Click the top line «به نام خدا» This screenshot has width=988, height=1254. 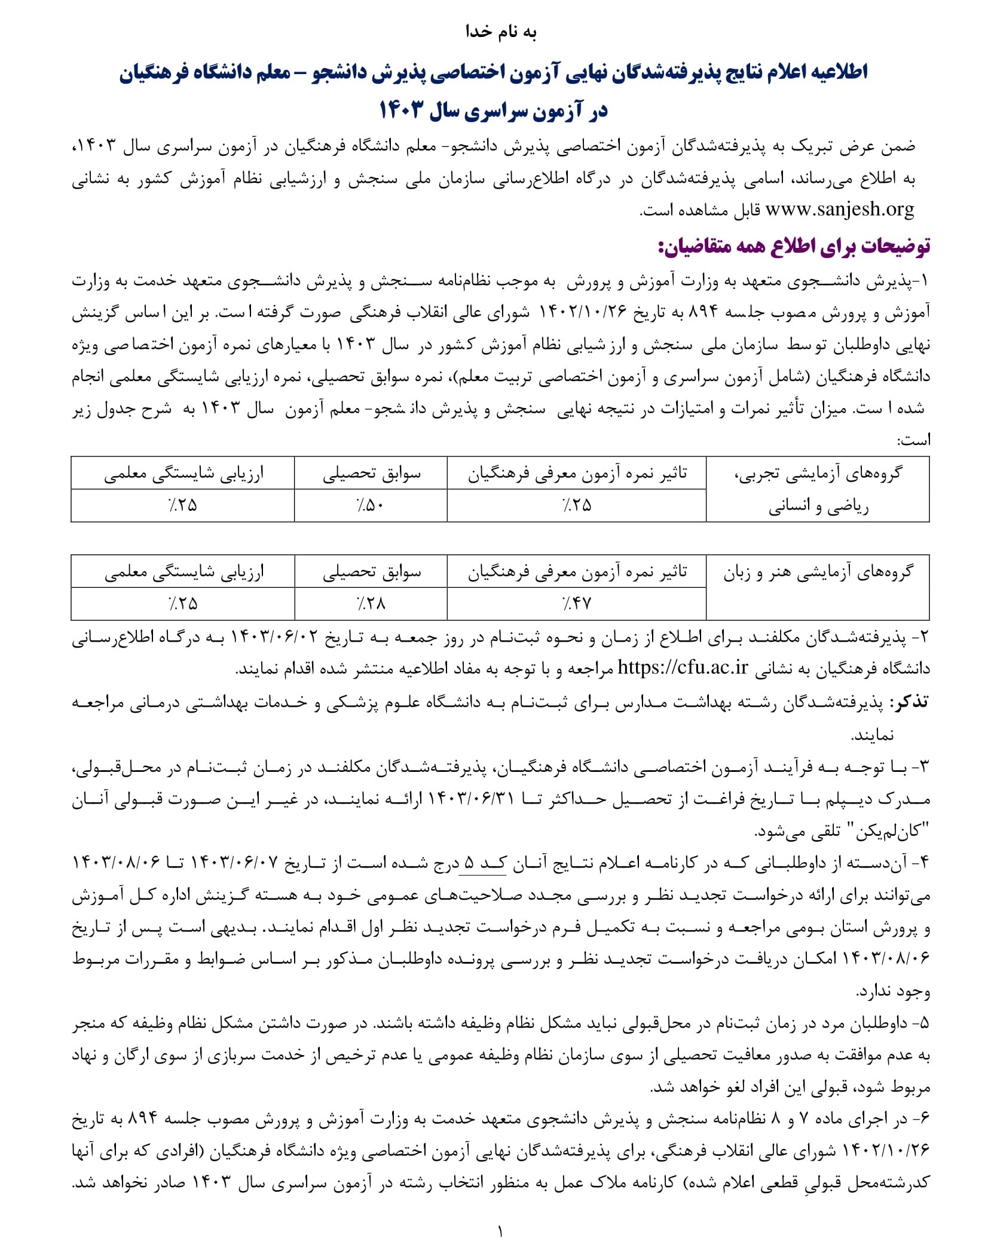click(500, 31)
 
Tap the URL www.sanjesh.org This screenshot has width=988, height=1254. click(839, 210)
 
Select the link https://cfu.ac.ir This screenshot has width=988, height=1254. click(682, 667)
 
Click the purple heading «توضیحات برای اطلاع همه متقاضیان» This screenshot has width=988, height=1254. click(794, 246)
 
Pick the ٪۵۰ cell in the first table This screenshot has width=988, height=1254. click(371, 505)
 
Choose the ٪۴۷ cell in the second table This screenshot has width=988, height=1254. click(576, 604)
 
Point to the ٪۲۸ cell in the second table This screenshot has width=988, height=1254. click(371, 604)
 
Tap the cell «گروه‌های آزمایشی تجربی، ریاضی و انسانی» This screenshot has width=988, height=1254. click(818, 489)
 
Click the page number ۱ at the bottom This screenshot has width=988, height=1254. click(500, 1231)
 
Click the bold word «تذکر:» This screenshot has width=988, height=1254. click(909, 702)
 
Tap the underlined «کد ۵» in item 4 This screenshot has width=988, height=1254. click(482, 863)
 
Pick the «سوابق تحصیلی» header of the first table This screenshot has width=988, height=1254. click(371, 474)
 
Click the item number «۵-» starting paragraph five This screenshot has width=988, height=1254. click(920, 1023)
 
